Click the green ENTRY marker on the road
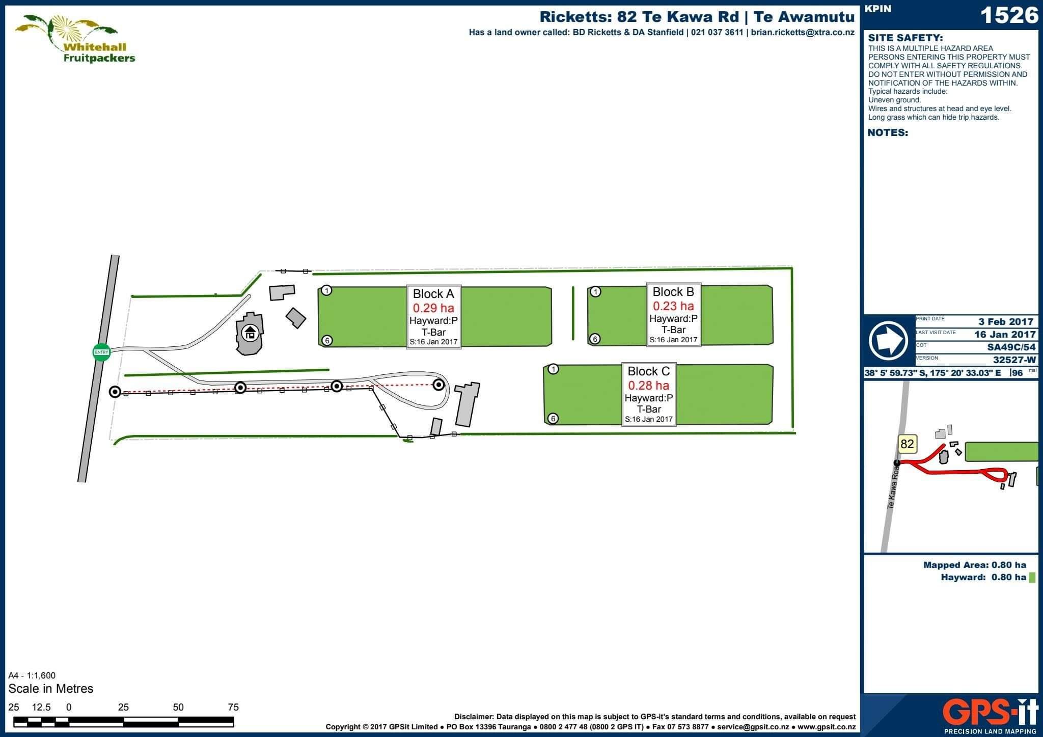[x=101, y=352]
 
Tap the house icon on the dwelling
[x=250, y=334]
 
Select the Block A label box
[x=434, y=316]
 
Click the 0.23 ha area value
[x=673, y=306]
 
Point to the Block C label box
[x=649, y=394]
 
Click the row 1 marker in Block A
[x=327, y=290]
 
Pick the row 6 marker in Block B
[x=595, y=339]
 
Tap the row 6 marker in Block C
[x=553, y=419]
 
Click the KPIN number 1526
[x=1009, y=15]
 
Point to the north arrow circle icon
[x=889, y=341]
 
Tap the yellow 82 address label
[x=907, y=444]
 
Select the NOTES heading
[x=888, y=133]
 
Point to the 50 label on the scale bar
[x=178, y=707]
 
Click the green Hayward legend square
[x=1032, y=578]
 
